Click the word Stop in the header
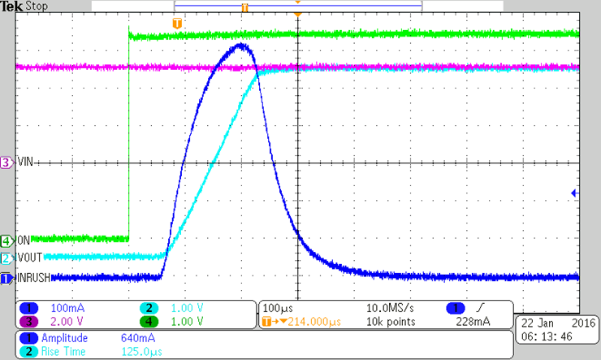click(37, 6)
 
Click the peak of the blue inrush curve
click(241, 46)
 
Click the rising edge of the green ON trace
click(129, 138)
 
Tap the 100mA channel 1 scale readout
click(61, 309)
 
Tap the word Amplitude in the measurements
click(67, 336)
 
